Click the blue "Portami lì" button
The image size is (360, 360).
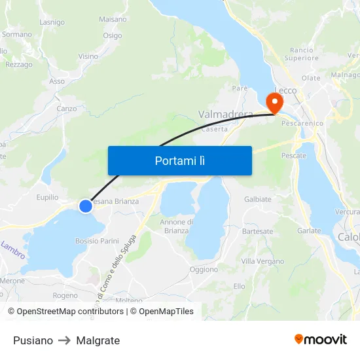[x=179, y=160]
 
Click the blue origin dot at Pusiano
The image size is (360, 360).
[x=86, y=206]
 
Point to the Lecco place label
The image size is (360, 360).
[x=285, y=90]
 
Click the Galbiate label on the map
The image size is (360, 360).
[x=257, y=199]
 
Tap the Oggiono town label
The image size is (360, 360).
[x=204, y=270]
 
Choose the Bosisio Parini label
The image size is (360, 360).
[x=97, y=241]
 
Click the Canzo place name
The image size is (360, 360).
[x=67, y=109]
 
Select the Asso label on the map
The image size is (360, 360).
[x=57, y=82]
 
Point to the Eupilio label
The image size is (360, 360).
[x=47, y=196]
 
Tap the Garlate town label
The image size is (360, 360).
[x=309, y=231]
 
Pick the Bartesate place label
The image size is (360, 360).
[x=257, y=232]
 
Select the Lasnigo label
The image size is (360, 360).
[x=52, y=22]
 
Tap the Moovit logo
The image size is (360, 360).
[x=321, y=340]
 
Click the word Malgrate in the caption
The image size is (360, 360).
[x=98, y=340]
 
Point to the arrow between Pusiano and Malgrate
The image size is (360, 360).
[x=64, y=340]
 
